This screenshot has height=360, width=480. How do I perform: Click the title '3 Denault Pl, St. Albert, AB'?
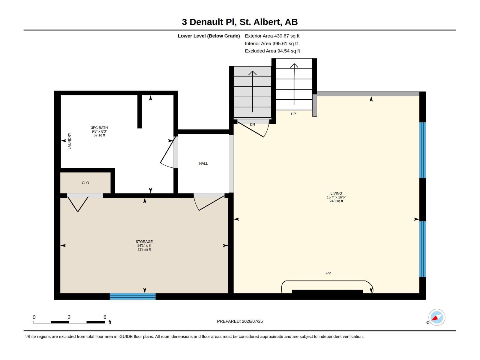[240, 22]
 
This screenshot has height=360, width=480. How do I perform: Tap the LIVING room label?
[336, 193]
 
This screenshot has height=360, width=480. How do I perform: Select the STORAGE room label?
[144, 242]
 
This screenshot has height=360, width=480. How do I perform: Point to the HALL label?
[203, 163]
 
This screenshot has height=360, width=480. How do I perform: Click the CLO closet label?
[85, 183]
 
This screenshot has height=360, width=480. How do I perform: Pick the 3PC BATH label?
[99, 128]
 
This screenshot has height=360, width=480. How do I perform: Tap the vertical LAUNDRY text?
[70, 141]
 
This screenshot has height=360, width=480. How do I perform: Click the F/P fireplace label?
[328, 273]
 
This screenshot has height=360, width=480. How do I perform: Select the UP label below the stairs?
[293, 114]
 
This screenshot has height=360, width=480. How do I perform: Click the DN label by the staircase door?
[252, 124]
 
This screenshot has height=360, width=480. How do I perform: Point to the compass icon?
[436, 317]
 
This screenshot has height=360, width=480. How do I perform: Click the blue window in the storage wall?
[133, 296]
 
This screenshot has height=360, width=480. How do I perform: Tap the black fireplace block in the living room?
[327, 292]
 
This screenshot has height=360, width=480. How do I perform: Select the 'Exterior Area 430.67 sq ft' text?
[272, 36]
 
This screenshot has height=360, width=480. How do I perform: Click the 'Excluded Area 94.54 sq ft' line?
[272, 51]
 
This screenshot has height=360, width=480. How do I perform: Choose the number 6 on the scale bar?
[105, 317]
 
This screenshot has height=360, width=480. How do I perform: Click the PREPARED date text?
[240, 321]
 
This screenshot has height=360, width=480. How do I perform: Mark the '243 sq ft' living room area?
[336, 201]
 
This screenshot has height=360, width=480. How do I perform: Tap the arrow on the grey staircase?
[252, 91]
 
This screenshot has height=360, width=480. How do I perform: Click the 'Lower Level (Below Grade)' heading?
[208, 36]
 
